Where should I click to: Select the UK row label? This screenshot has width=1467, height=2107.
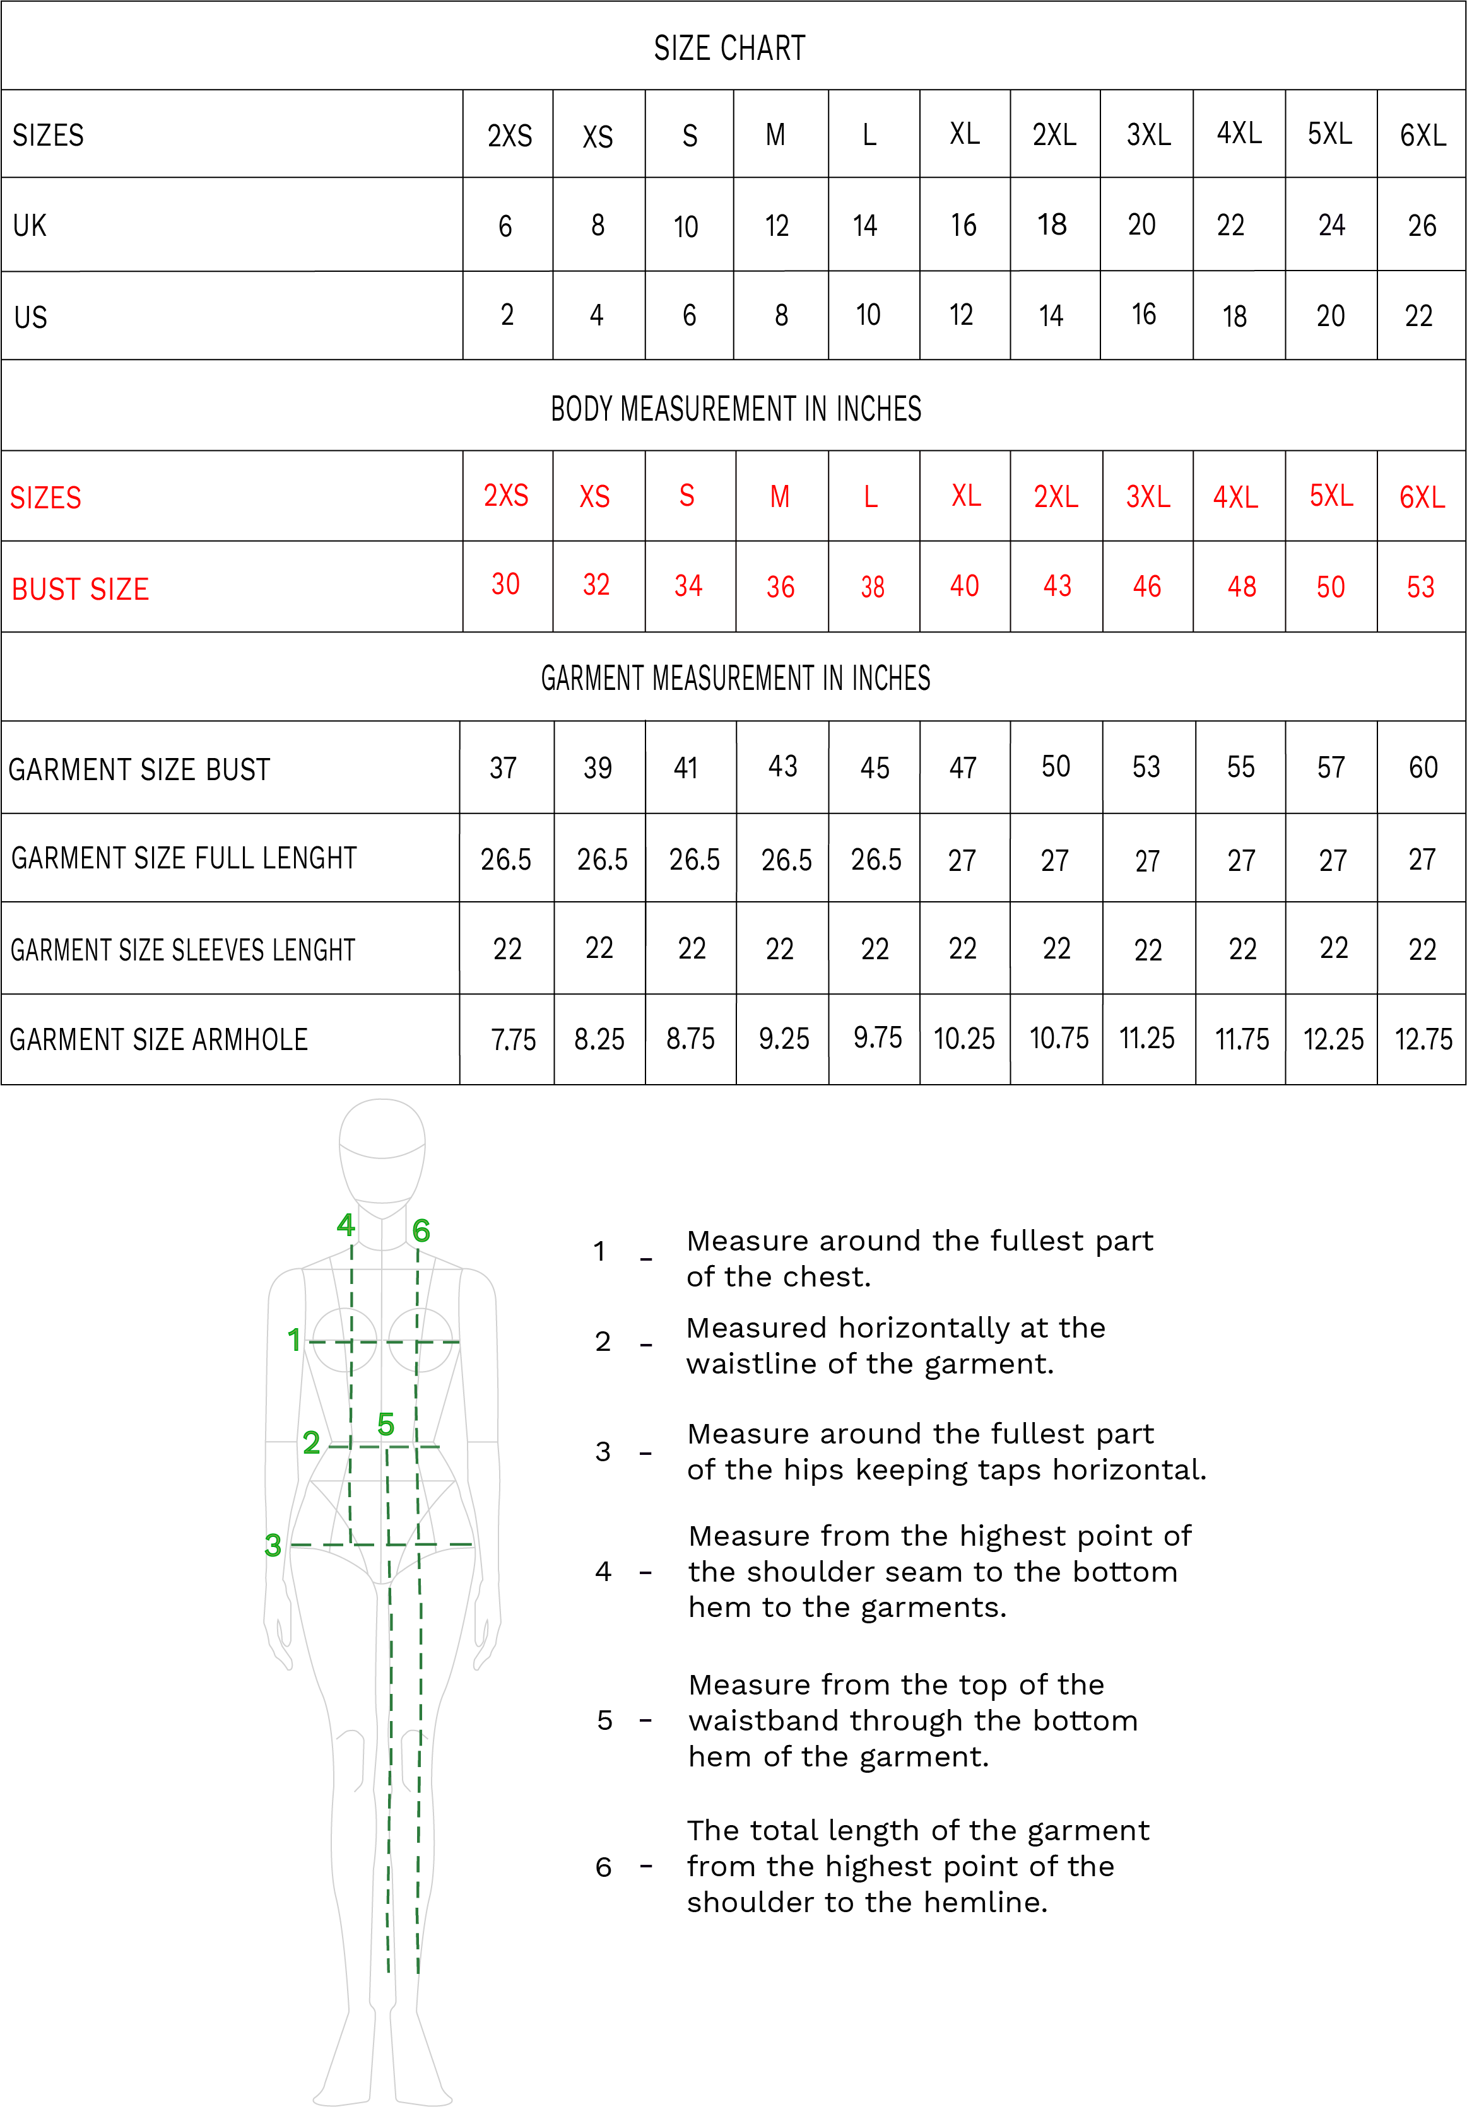(x=30, y=226)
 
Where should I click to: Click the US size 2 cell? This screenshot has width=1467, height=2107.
(x=507, y=315)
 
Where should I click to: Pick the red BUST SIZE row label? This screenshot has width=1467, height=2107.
(x=80, y=589)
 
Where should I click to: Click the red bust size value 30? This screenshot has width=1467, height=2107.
(x=505, y=585)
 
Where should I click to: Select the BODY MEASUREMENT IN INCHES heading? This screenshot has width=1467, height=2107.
(x=735, y=409)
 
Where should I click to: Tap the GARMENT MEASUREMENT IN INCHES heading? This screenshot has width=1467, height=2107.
(x=734, y=678)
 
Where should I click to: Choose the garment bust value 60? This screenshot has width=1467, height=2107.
(x=1422, y=767)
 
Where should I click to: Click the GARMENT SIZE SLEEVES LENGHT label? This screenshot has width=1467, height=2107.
(x=182, y=950)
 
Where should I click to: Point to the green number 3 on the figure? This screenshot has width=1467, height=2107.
(x=273, y=1545)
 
